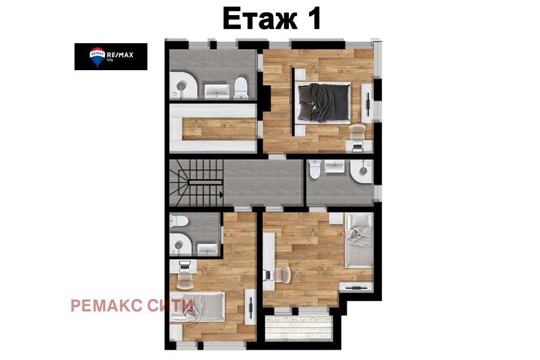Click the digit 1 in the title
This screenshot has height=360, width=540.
313,19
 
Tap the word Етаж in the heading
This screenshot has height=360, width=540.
260,19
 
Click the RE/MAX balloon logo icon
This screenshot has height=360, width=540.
97,57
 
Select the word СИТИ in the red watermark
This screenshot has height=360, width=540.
170,305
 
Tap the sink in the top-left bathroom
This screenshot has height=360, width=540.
217,90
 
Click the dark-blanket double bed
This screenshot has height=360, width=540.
323,103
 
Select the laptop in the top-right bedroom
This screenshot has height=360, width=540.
357,145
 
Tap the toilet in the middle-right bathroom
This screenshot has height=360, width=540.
315,170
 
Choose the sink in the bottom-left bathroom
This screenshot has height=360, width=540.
207,248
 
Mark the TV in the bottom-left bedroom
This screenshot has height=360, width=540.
251,308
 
